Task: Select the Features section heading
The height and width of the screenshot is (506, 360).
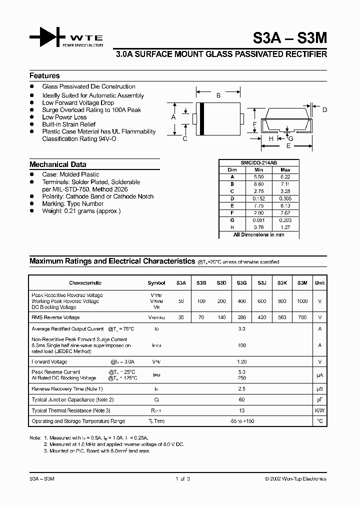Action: tap(44, 76)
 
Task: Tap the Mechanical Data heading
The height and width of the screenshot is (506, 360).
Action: tap(57, 164)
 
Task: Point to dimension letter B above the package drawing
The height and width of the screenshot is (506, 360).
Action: tap(218, 95)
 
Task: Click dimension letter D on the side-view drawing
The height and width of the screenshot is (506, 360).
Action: tap(324, 110)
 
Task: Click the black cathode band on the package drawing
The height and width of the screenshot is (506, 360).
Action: tap(201, 118)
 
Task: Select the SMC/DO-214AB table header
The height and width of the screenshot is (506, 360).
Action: tap(258, 163)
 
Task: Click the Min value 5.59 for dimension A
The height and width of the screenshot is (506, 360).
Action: tap(258, 177)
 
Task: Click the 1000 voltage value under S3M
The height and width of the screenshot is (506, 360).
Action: tap(302, 301)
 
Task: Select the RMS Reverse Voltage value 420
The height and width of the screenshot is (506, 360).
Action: tap(261, 317)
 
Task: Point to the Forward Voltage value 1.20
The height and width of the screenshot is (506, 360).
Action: tap(242, 361)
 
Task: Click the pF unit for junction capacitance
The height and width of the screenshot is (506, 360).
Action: tap(319, 399)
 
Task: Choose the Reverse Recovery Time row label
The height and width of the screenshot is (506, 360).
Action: tap(67, 388)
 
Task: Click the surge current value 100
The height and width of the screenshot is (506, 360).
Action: tap(242, 345)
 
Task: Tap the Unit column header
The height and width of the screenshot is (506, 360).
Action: tap(319, 283)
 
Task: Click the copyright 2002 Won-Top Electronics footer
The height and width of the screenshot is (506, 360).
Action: tap(295, 478)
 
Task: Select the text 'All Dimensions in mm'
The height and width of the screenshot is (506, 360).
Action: tap(258, 234)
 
